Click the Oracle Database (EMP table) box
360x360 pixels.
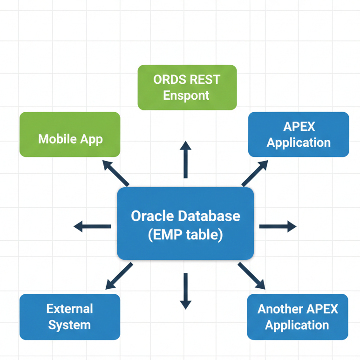pos(185,224)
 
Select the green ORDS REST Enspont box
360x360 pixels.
pos(187,88)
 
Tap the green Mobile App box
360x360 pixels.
pos(70,135)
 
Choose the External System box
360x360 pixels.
pos(70,317)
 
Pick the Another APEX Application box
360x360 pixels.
pos(298,317)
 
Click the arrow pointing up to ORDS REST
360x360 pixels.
pos(185,159)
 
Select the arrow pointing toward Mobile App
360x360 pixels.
pos(115,173)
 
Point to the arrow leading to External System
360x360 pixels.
pos(119,276)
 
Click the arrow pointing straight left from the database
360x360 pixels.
pos(92,227)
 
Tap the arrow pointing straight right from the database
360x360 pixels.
pos(278,227)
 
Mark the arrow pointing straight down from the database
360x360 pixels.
pos(185,291)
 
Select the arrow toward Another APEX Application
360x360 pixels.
pos(251,276)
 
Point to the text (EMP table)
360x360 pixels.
pos(185,235)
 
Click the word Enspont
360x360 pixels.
pos(186,96)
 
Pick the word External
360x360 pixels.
pos(70,309)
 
